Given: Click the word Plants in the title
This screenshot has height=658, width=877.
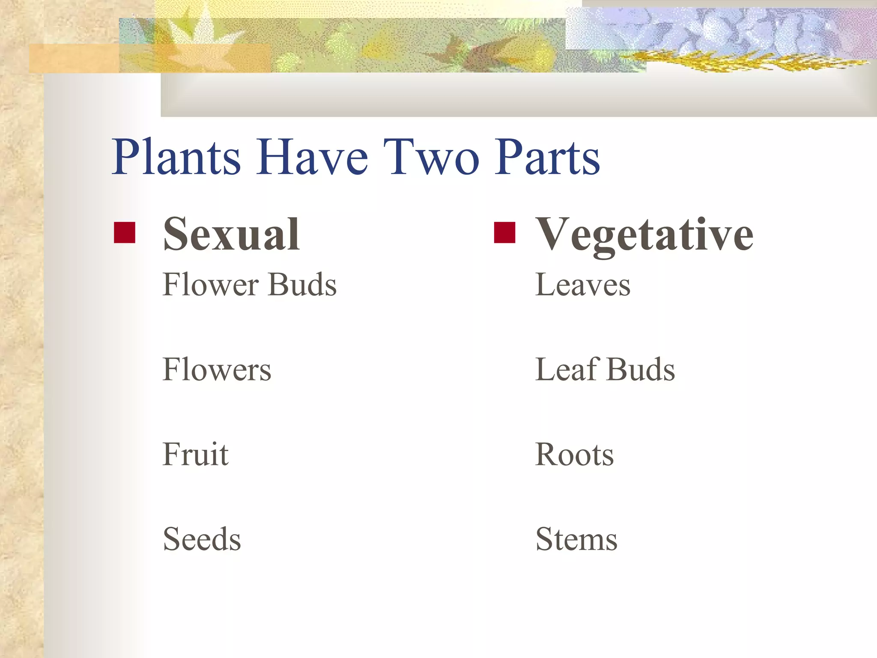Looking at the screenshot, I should pos(176,157).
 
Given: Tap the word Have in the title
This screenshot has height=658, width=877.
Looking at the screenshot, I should pos(312,157).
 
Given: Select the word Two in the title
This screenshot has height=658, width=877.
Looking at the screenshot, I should pos(431,157).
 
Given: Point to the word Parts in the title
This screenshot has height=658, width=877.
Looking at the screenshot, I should pos(547,157).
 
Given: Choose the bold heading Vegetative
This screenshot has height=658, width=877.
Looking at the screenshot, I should pos(644,235).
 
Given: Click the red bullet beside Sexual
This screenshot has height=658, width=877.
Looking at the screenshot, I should pos(125,233).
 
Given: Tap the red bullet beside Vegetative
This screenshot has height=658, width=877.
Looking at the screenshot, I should pos(504,233).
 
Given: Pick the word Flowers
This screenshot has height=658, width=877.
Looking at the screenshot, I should pos(217,369).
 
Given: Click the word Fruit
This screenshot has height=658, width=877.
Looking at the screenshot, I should pos(196,454).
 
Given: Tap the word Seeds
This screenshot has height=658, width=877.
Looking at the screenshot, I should pos(202,539).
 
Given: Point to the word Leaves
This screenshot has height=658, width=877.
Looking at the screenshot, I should pos(583,284).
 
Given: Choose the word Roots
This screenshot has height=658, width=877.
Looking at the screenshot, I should pos(575,454).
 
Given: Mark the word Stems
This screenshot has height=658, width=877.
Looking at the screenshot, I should pos(576,539).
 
